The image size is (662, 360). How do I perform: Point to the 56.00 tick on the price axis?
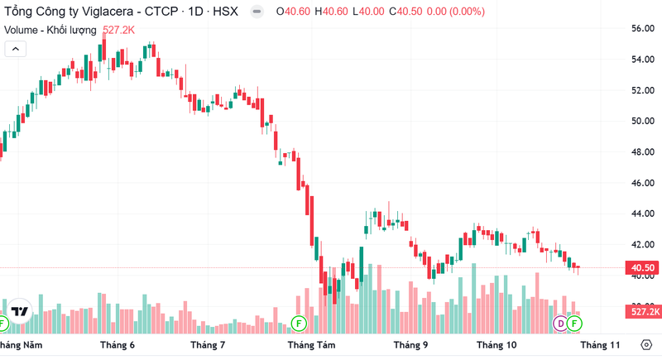[x=643, y=28]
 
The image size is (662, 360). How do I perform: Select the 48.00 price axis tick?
[x=643, y=152]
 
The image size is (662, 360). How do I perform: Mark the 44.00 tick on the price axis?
[x=643, y=214]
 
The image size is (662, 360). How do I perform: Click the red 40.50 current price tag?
[x=643, y=268]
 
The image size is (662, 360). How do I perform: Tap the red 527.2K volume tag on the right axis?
[x=643, y=312]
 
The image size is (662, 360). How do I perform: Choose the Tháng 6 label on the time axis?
[x=117, y=344]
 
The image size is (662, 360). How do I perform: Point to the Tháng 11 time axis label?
[x=600, y=344]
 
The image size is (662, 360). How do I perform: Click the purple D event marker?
[x=560, y=322]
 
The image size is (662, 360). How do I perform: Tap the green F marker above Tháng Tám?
[x=299, y=322]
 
